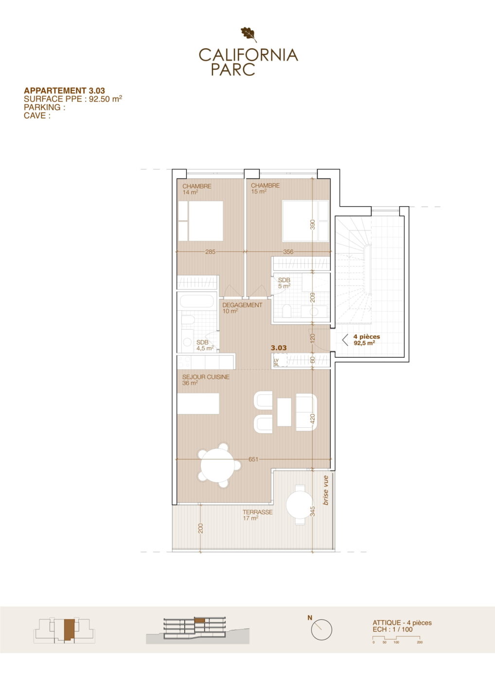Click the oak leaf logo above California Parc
click(x=248, y=35)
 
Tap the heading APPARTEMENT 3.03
click(x=64, y=90)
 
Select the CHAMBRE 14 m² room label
click(x=197, y=189)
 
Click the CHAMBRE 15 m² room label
click(x=265, y=189)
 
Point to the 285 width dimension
click(x=211, y=252)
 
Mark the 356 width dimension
click(x=288, y=252)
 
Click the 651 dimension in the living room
click(x=253, y=459)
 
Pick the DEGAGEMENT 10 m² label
click(x=242, y=308)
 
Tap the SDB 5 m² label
click(x=284, y=283)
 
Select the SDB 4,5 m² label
click(x=205, y=345)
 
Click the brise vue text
click(x=326, y=490)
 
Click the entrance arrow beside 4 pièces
click(x=345, y=340)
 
